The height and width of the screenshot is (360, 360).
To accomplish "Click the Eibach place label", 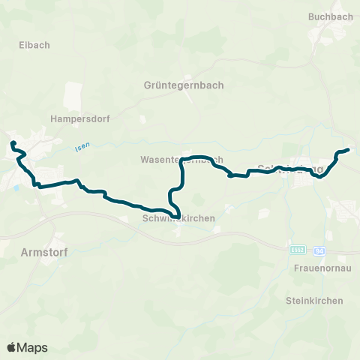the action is tap(34, 45).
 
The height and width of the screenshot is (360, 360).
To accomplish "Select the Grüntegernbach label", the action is tap(183, 85).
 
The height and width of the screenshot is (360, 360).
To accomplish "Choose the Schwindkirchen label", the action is tap(178, 217).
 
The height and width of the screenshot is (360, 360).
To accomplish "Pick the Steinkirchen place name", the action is tap(314, 301).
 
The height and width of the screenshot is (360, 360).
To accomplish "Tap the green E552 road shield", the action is tap(298, 249).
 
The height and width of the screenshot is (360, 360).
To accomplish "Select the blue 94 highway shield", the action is tap(319, 249).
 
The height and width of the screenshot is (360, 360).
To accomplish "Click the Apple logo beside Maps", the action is tap(12, 347).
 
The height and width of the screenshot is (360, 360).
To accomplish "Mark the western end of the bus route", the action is tap(12, 142).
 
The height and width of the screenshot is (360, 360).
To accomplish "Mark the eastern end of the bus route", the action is tap(349, 150).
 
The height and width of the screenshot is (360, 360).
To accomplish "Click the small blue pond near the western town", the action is tap(13, 187).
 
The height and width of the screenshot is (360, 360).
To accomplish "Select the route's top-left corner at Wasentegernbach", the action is tap(182, 160).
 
